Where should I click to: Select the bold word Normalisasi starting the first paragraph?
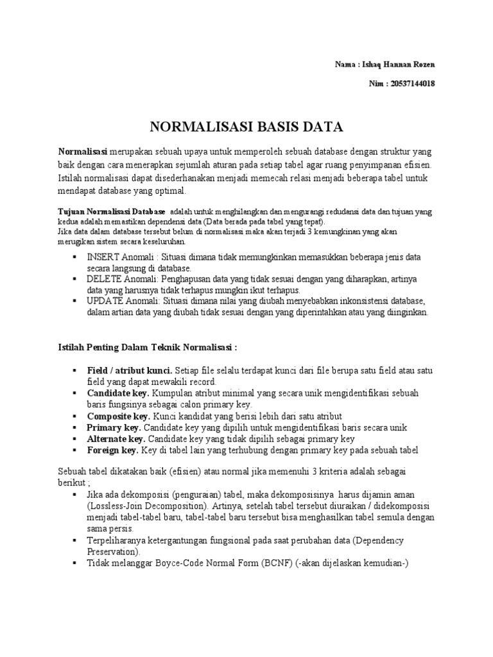(82, 151)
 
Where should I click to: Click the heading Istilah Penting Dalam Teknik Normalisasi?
(148, 348)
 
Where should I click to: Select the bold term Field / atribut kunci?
(129, 371)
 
